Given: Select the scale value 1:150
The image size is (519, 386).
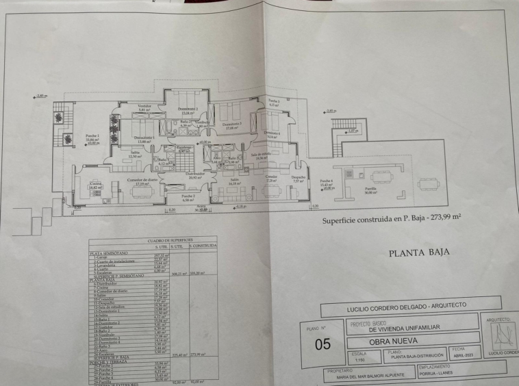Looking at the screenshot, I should pyautogui.click(x=359, y=359).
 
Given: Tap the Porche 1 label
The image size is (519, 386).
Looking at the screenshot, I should pyautogui.click(x=91, y=136).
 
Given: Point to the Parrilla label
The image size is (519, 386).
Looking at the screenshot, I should pyautogui.click(x=370, y=190).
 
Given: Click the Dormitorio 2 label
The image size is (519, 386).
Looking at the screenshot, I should pyautogui.click(x=188, y=110).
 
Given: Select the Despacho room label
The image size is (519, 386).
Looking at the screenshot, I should pyautogui.click(x=299, y=178).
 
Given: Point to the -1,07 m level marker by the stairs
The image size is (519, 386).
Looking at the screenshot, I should pyautogui.click(x=353, y=131).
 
